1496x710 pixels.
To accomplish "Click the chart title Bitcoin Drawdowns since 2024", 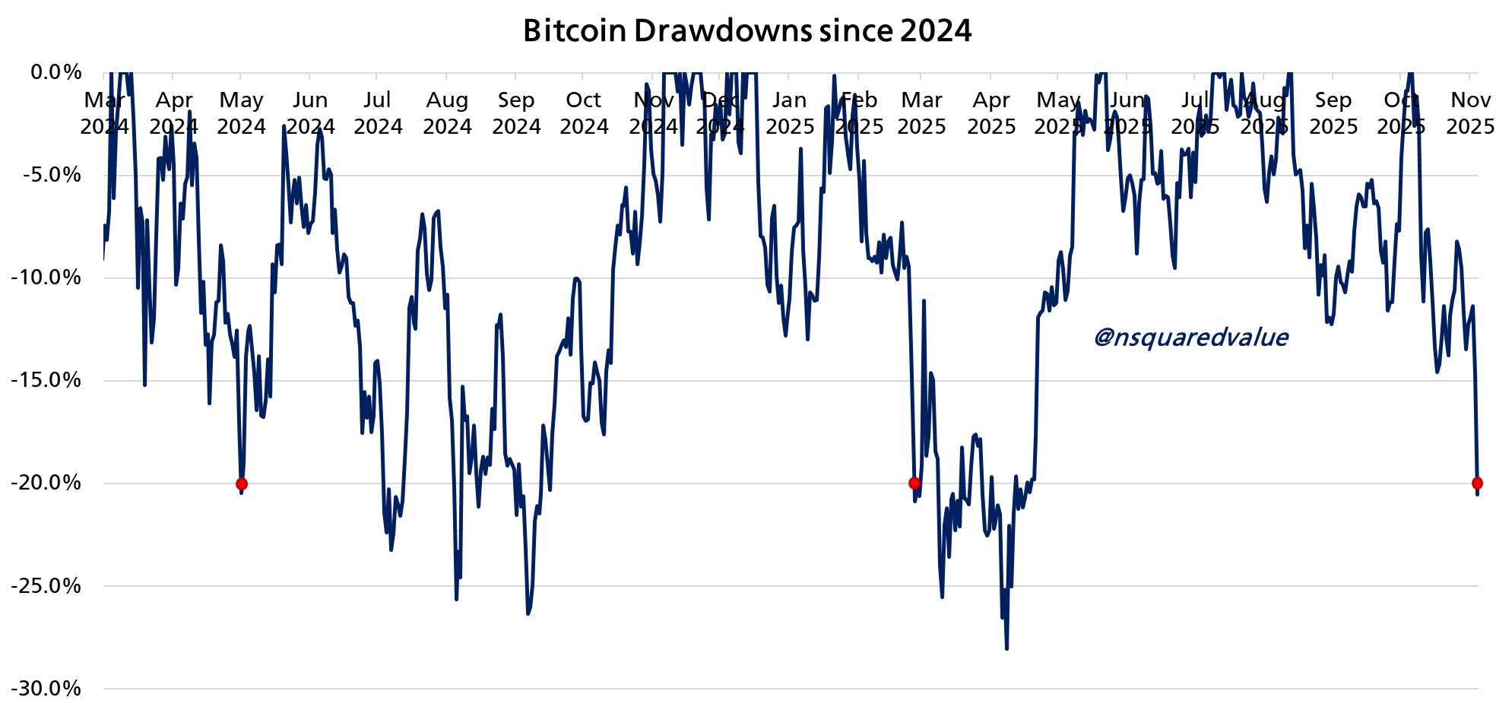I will (747, 30).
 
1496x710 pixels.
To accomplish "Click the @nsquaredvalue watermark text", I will (1190, 337).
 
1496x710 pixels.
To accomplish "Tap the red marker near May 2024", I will (242, 484).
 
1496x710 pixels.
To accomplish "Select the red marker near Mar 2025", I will (914, 483).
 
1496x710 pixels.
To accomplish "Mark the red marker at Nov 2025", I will (1477, 483).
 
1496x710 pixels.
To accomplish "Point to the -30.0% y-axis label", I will (46, 689).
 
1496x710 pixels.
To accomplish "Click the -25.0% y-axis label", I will (46, 586).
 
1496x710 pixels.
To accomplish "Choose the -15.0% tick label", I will (46, 380).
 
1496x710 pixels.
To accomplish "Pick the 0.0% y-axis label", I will (55, 72).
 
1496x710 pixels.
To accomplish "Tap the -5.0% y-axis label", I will (51, 175).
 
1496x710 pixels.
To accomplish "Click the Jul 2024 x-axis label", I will (378, 113).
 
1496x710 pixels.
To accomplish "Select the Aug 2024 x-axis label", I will (447, 113).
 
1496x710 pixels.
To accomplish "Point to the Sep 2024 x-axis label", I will (516, 113).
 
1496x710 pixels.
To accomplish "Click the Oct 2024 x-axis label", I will (584, 113).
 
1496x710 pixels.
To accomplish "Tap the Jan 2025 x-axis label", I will (790, 113).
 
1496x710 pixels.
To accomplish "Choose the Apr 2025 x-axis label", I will (991, 113).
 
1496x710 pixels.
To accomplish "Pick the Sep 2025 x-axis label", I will (1333, 113).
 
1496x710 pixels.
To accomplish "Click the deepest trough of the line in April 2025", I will (1006, 648).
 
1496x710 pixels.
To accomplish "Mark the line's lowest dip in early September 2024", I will (528, 613).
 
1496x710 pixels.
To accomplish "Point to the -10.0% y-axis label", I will (46, 277).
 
